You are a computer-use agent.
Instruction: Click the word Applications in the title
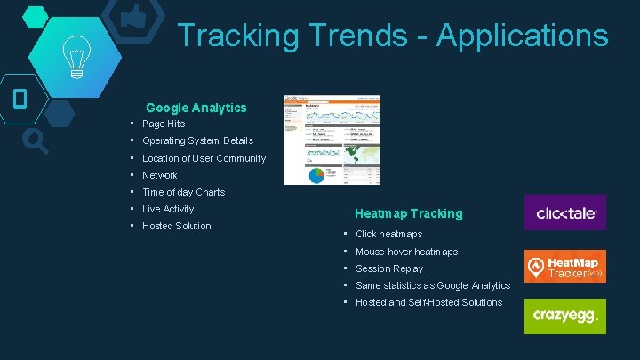523,36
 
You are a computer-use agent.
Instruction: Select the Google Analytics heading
196,108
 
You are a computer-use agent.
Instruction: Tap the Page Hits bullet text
164,124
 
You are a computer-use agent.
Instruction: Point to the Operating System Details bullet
197,140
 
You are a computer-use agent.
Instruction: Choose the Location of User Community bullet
204,158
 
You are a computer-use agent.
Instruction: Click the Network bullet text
160,175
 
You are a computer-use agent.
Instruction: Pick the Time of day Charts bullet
183,192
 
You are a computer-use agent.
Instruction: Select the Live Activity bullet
168,209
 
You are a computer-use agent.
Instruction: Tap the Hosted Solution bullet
177,226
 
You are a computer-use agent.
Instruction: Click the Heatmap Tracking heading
408,213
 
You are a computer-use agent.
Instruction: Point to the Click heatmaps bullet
388,234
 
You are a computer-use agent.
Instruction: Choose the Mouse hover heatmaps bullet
406,252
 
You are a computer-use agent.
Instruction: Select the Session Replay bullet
389,268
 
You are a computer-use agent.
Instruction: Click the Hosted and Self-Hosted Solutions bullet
428,302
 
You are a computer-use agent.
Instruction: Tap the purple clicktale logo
564,212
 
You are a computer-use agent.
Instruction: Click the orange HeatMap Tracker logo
564,267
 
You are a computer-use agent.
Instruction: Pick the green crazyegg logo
564,316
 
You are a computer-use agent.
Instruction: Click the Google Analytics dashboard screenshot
332,140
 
